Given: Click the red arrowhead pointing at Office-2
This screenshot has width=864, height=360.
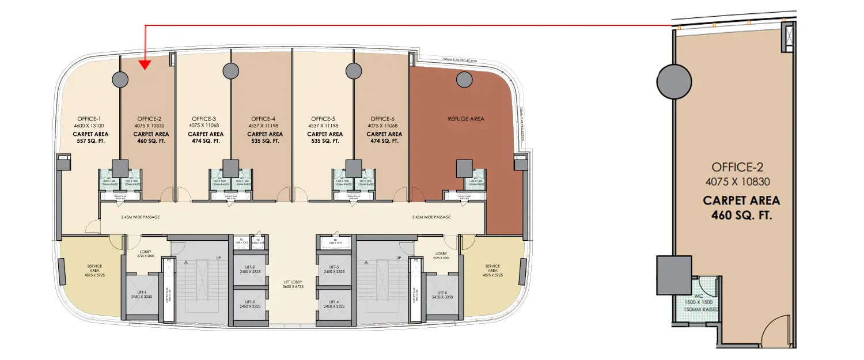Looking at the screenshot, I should pyautogui.click(x=145, y=65).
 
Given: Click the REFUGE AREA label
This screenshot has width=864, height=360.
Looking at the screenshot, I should pyautogui.click(x=466, y=119).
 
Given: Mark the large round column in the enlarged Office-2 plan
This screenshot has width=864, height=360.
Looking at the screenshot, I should pyautogui.click(x=674, y=81).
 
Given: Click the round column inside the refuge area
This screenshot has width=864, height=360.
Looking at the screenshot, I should pyautogui.click(x=464, y=79).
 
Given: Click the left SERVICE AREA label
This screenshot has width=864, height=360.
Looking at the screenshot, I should pyautogui.click(x=94, y=268).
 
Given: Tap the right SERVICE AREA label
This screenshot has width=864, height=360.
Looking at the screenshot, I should pyautogui.click(x=492, y=268).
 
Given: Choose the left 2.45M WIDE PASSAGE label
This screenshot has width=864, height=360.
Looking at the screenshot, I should pyautogui.click(x=140, y=217).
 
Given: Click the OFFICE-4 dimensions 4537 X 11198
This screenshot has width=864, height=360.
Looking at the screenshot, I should pyautogui.click(x=265, y=126).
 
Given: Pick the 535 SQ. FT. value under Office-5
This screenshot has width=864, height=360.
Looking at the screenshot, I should pyautogui.click(x=324, y=141).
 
